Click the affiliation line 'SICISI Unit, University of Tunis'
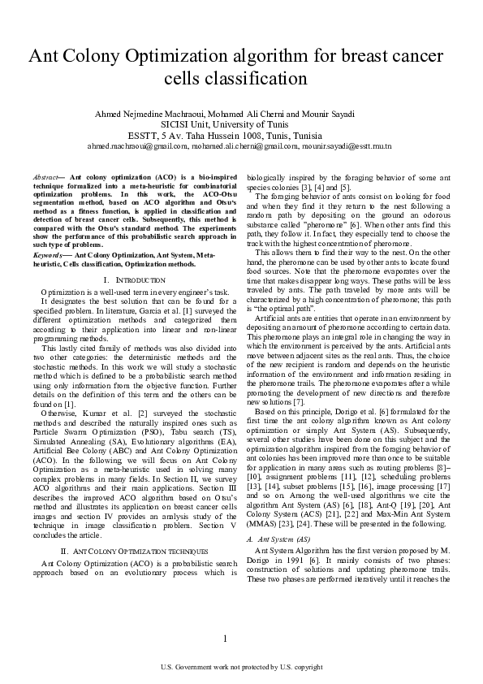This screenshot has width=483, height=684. pos(241,124)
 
